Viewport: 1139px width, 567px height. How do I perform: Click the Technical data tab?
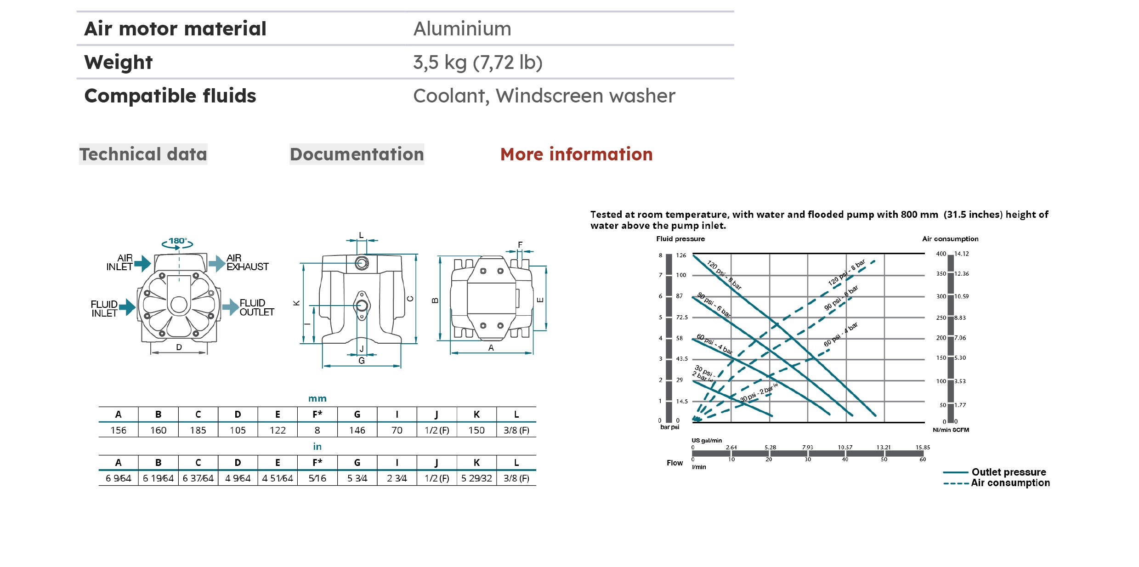(143, 154)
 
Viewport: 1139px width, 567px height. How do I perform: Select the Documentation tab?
(357, 154)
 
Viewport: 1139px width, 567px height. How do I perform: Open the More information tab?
(576, 154)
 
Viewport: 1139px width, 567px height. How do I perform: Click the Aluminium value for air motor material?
(462, 29)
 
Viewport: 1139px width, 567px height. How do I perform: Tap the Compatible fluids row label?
(170, 96)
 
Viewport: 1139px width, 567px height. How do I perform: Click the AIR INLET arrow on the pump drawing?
(143, 263)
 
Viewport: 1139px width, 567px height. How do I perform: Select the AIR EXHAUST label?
(247, 262)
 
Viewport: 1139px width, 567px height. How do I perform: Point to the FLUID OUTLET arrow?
(230, 307)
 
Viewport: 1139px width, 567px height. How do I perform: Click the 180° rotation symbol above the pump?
(177, 242)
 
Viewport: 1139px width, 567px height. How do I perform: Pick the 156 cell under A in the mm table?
(118, 431)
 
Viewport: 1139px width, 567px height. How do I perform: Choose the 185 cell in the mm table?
(198, 431)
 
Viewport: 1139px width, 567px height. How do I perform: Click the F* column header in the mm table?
(317, 414)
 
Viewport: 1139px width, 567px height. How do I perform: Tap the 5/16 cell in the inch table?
(317, 478)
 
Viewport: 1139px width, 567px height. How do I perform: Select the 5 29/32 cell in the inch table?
(476, 478)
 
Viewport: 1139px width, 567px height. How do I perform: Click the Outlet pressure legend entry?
(1009, 472)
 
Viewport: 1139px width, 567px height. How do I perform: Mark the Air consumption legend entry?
(1010, 483)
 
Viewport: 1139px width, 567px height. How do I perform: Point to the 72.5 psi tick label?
(682, 318)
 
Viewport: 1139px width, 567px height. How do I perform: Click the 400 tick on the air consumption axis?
(941, 254)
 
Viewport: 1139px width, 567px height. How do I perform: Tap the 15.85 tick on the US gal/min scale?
(922, 447)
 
